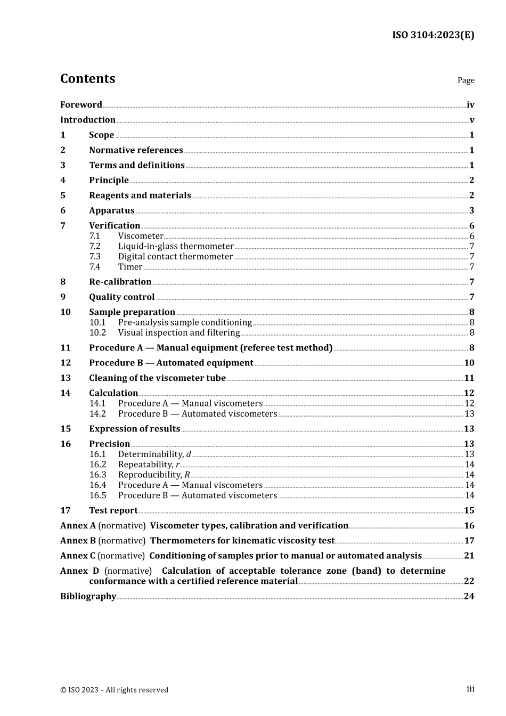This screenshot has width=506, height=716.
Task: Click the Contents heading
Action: (87, 79)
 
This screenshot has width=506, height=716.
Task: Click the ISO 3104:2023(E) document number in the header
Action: (432, 35)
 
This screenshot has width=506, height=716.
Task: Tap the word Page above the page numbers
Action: (466, 80)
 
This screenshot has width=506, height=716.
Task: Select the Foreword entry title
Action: (81, 105)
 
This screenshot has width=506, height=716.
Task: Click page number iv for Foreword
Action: (470, 105)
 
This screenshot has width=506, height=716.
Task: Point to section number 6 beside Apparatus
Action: (63, 210)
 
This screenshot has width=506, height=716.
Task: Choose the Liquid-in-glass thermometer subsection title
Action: (176, 246)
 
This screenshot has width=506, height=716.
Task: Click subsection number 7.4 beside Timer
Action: (95, 267)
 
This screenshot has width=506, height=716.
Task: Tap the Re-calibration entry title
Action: (120, 282)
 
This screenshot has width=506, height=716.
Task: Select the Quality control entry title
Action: (121, 297)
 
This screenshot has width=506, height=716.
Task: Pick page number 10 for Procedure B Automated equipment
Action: (469, 363)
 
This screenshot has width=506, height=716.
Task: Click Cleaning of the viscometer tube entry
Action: (157, 378)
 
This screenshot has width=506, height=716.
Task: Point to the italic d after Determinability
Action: (189, 454)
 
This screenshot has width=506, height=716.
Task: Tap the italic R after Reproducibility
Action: (187, 475)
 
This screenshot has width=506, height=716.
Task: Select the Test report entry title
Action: (113, 510)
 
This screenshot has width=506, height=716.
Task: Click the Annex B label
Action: (78, 541)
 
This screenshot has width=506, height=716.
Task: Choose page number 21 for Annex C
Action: (469, 556)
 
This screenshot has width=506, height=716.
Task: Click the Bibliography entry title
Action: (88, 596)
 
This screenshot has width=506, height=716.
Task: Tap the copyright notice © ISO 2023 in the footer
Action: (114, 690)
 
